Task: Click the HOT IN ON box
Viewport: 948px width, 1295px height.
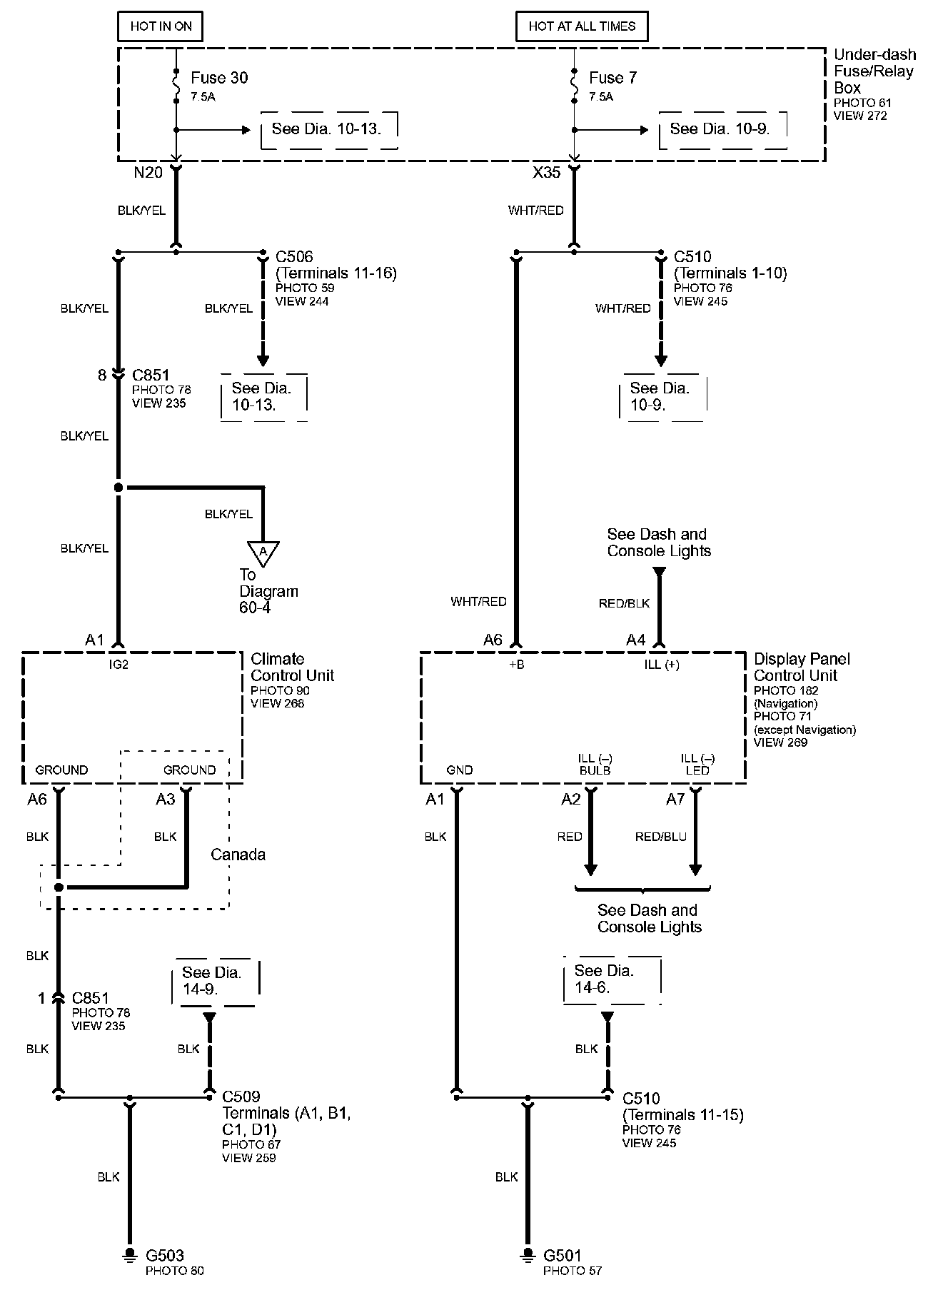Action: click(x=161, y=26)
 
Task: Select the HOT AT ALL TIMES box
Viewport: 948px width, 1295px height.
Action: click(x=582, y=26)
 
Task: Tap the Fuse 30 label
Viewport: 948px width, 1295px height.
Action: click(x=219, y=78)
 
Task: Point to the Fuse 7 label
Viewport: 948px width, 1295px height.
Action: click(x=612, y=78)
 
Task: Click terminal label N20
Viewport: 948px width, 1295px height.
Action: click(x=148, y=172)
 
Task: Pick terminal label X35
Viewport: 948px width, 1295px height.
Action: click(x=546, y=172)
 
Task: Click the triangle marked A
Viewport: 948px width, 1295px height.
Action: click(x=263, y=552)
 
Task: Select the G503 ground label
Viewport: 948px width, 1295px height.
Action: click(x=165, y=1255)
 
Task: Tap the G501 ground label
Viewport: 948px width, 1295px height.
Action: click(x=563, y=1255)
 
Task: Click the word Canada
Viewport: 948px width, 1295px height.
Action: click(x=238, y=855)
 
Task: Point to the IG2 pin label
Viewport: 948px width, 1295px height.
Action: click(x=118, y=665)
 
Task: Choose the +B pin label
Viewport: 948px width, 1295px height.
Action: click(x=516, y=665)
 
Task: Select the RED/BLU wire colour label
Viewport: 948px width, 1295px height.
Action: click(x=660, y=837)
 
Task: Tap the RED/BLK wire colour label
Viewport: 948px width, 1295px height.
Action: click(x=624, y=603)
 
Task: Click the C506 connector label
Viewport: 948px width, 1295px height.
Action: click(x=294, y=256)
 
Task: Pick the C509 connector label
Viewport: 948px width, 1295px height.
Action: click(x=241, y=1096)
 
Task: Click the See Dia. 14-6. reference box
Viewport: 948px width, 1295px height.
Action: click(x=612, y=979)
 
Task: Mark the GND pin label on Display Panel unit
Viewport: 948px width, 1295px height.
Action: click(x=460, y=770)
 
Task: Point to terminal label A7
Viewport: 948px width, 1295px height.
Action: click(x=675, y=800)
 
